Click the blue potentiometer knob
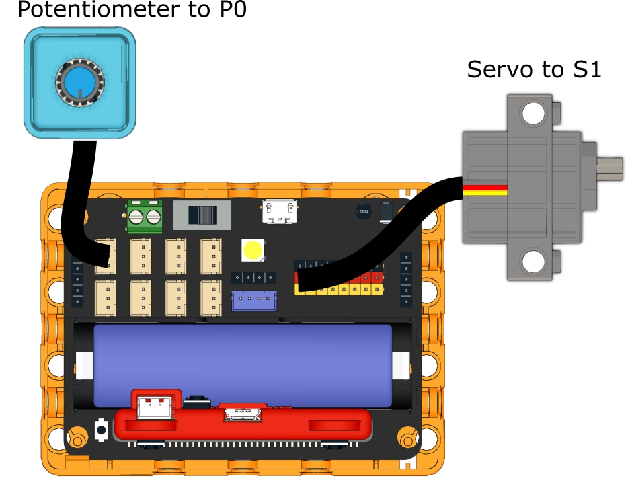click(x=79, y=84)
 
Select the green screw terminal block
click(x=145, y=217)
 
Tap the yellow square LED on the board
click(x=253, y=250)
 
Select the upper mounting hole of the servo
click(x=533, y=113)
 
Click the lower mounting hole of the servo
click(x=533, y=261)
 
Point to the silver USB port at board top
click(x=279, y=211)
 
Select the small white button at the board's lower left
click(x=102, y=429)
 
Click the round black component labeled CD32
click(x=364, y=211)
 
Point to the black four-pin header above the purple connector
click(x=254, y=276)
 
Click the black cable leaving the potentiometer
click(x=73, y=195)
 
